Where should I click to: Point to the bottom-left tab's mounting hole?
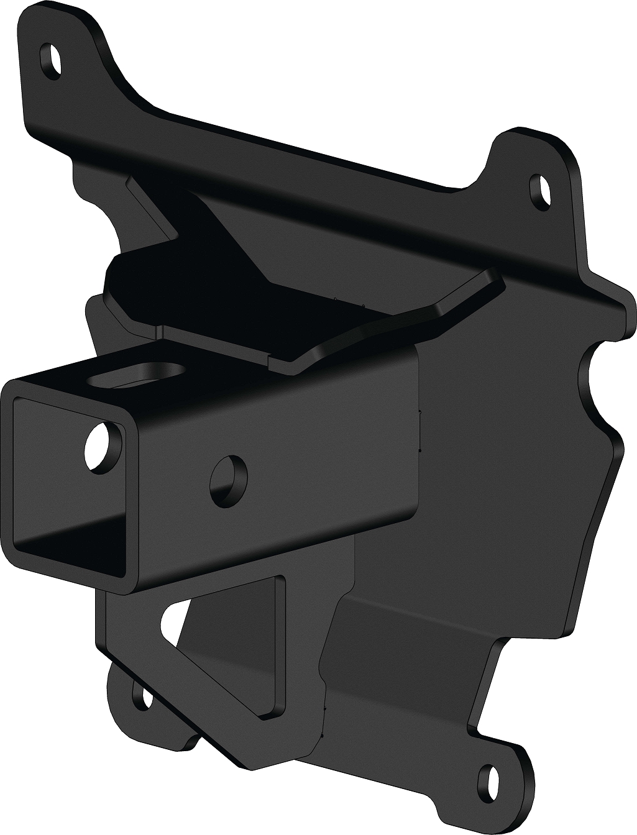click(147, 698)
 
